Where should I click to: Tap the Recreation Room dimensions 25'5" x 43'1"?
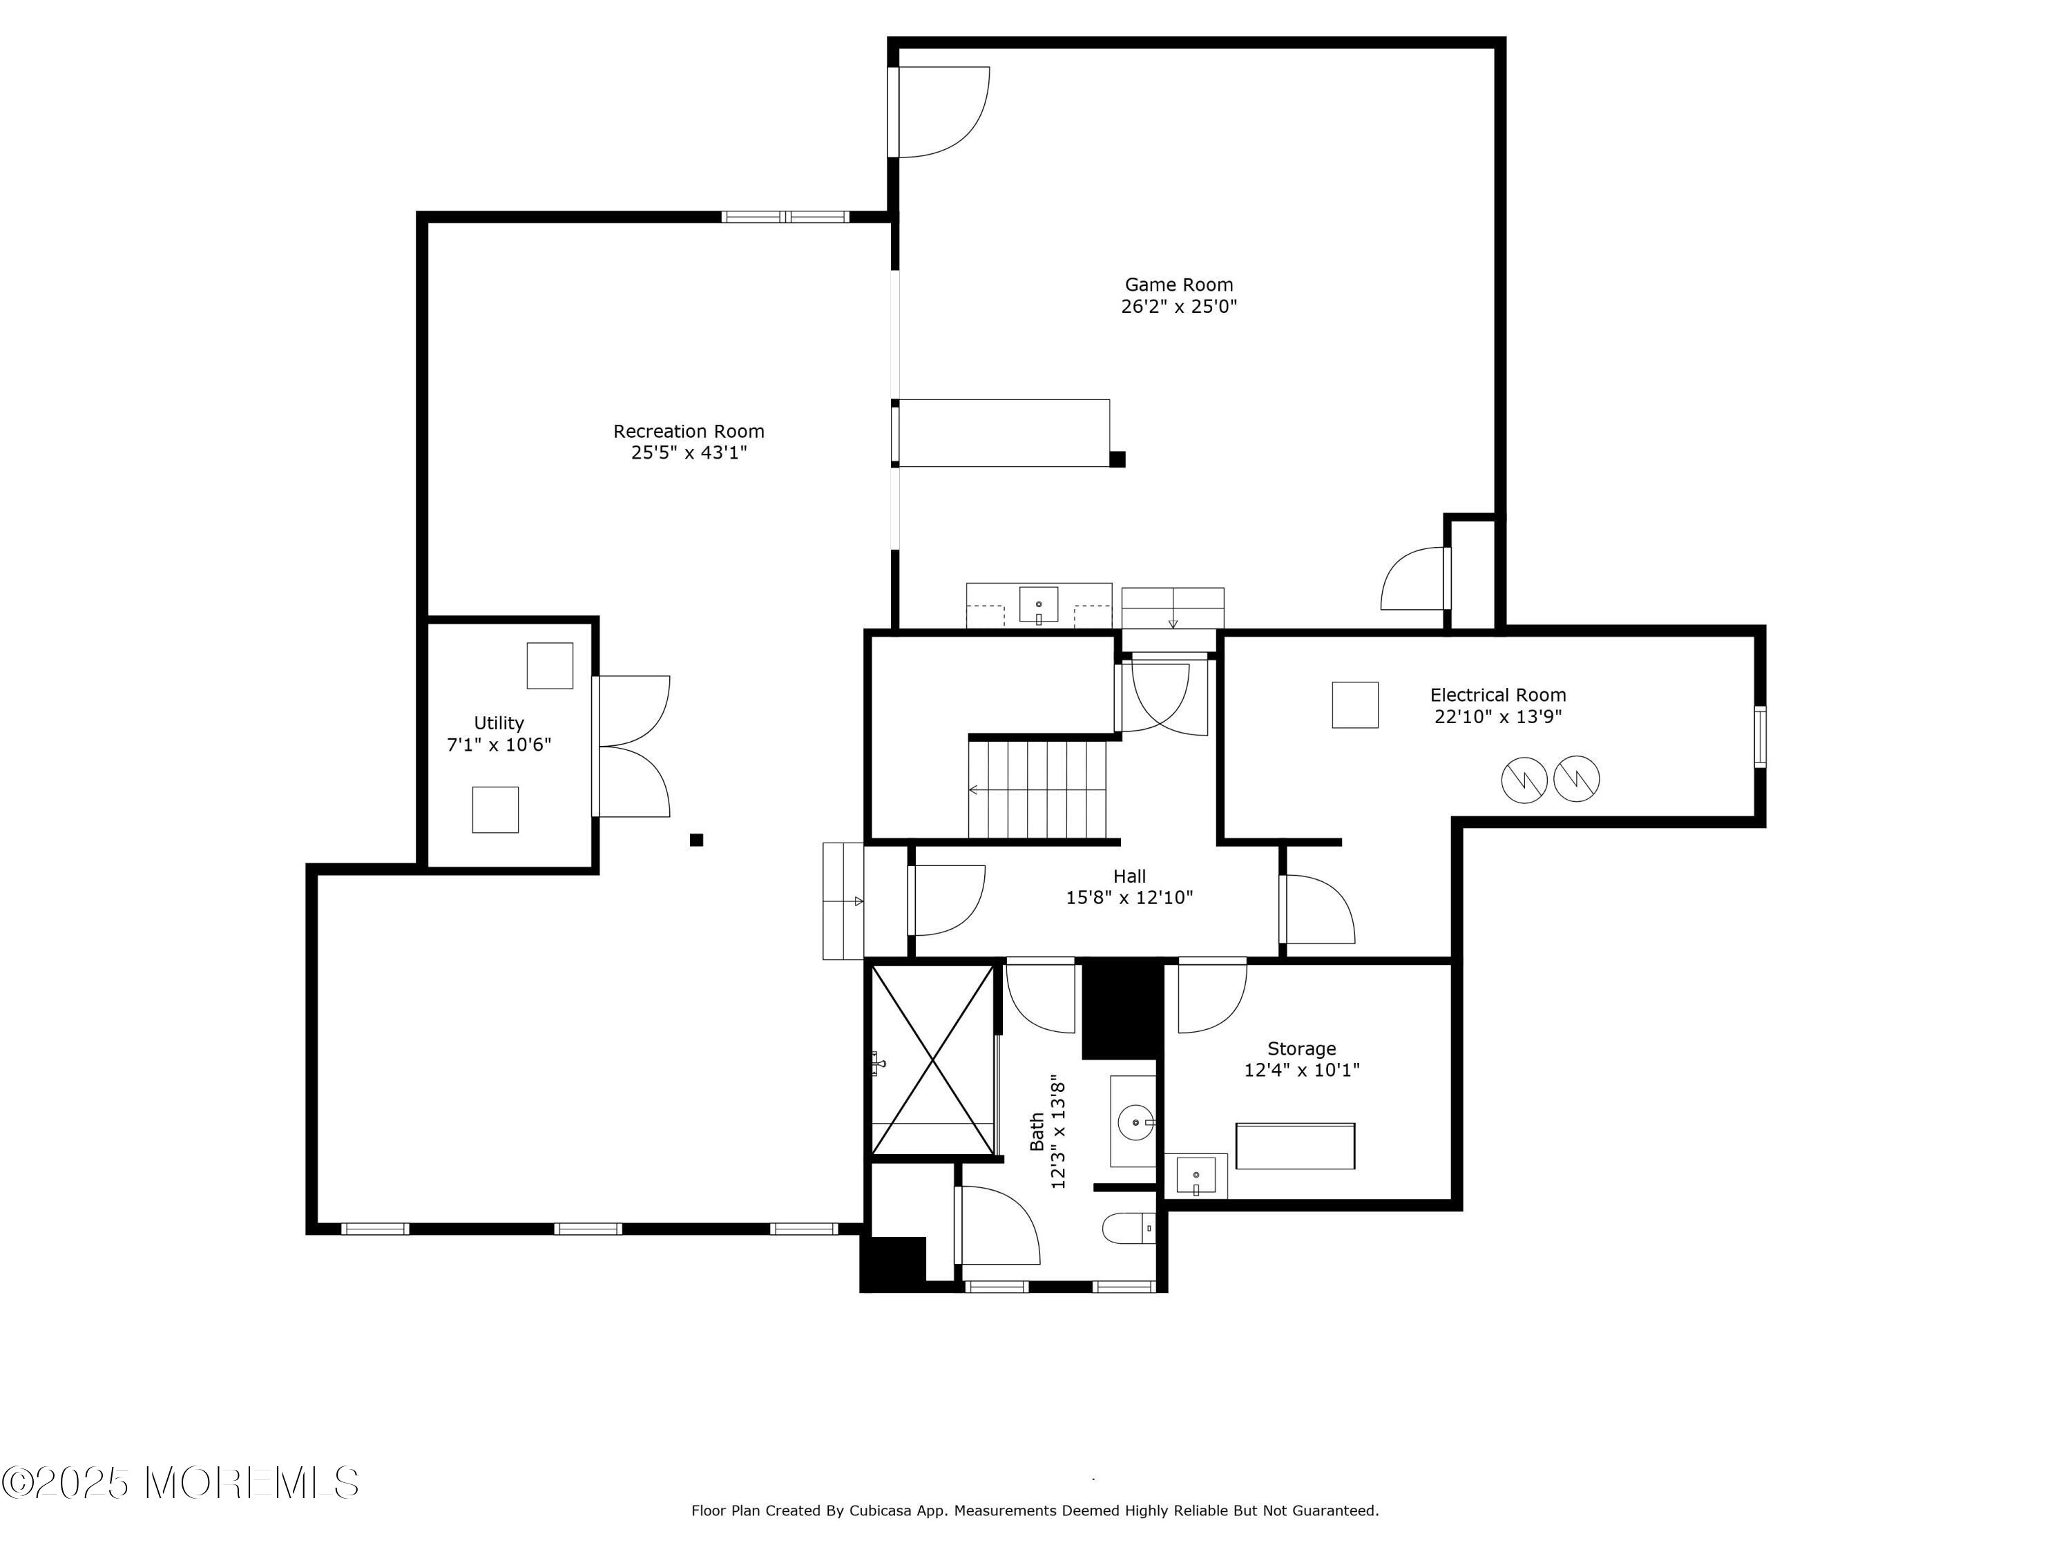(x=689, y=453)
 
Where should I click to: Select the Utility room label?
(x=499, y=723)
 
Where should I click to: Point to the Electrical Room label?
(x=1498, y=695)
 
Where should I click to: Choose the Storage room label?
(x=1301, y=1049)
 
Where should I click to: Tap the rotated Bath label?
(x=1037, y=1131)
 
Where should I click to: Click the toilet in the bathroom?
(x=1128, y=1228)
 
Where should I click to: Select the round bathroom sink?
(x=1136, y=1121)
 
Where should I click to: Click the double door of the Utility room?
(x=632, y=747)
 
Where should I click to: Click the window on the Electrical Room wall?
(x=1760, y=737)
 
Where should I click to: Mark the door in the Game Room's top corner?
(x=939, y=111)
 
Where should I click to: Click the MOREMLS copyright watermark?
(x=180, y=1483)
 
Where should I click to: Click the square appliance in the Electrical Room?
(x=1354, y=704)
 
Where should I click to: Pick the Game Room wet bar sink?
(x=1039, y=605)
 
